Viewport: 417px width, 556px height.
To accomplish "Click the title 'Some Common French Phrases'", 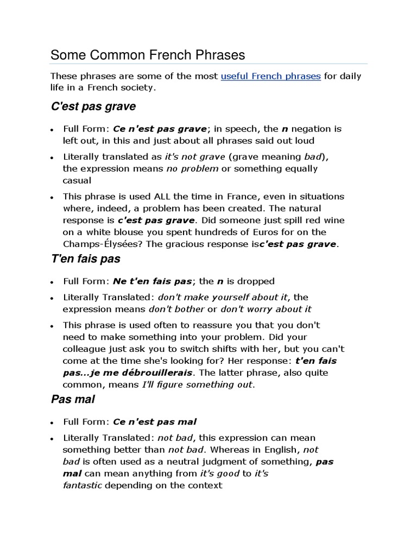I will click(148, 55).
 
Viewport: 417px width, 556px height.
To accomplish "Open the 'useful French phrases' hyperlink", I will click(270, 76).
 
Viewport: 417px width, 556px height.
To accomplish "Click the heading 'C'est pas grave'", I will click(93, 106).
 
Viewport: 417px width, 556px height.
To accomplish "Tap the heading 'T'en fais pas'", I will click(85, 258).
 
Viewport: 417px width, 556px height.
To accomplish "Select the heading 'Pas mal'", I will click(73, 399).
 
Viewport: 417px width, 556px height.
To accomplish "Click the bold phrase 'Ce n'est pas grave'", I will click(160, 129).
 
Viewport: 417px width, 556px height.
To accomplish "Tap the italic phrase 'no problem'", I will click(192, 168).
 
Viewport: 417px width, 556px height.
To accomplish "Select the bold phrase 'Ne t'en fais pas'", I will click(153, 281).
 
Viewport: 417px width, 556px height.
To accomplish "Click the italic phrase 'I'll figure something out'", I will click(197, 385).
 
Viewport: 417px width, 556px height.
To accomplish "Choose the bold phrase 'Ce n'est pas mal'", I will click(155, 422).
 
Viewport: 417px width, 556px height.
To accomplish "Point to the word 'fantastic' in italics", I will click(82, 485).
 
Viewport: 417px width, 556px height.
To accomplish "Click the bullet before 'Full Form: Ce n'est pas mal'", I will click(51, 422).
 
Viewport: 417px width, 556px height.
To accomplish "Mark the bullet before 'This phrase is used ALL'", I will click(51, 197).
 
